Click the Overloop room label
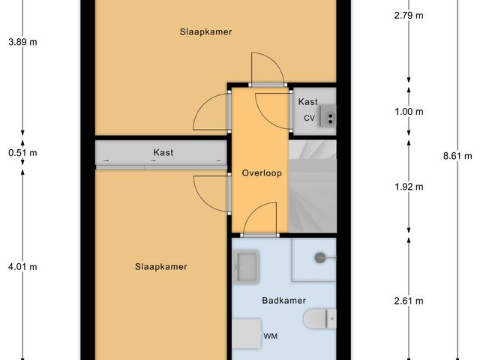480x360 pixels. tap(261, 173)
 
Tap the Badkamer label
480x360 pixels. tap(283, 300)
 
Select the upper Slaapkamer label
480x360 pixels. tap(205, 32)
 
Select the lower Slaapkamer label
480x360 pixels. tap(160, 266)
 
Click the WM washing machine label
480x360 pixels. tap(271, 337)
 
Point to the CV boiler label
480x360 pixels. tap(309, 118)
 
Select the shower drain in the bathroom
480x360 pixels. tap(321, 257)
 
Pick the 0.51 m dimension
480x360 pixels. tap(22, 153)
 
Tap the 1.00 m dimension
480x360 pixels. tap(409, 112)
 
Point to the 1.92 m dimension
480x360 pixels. tap(409, 187)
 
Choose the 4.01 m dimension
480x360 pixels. tap(22, 266)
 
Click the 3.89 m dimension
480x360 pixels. tap(22, 42)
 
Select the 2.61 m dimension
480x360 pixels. tap(409, 301)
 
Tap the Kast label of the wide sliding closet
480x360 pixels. tap(163, 152)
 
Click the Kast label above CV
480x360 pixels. tap(307, 101)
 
